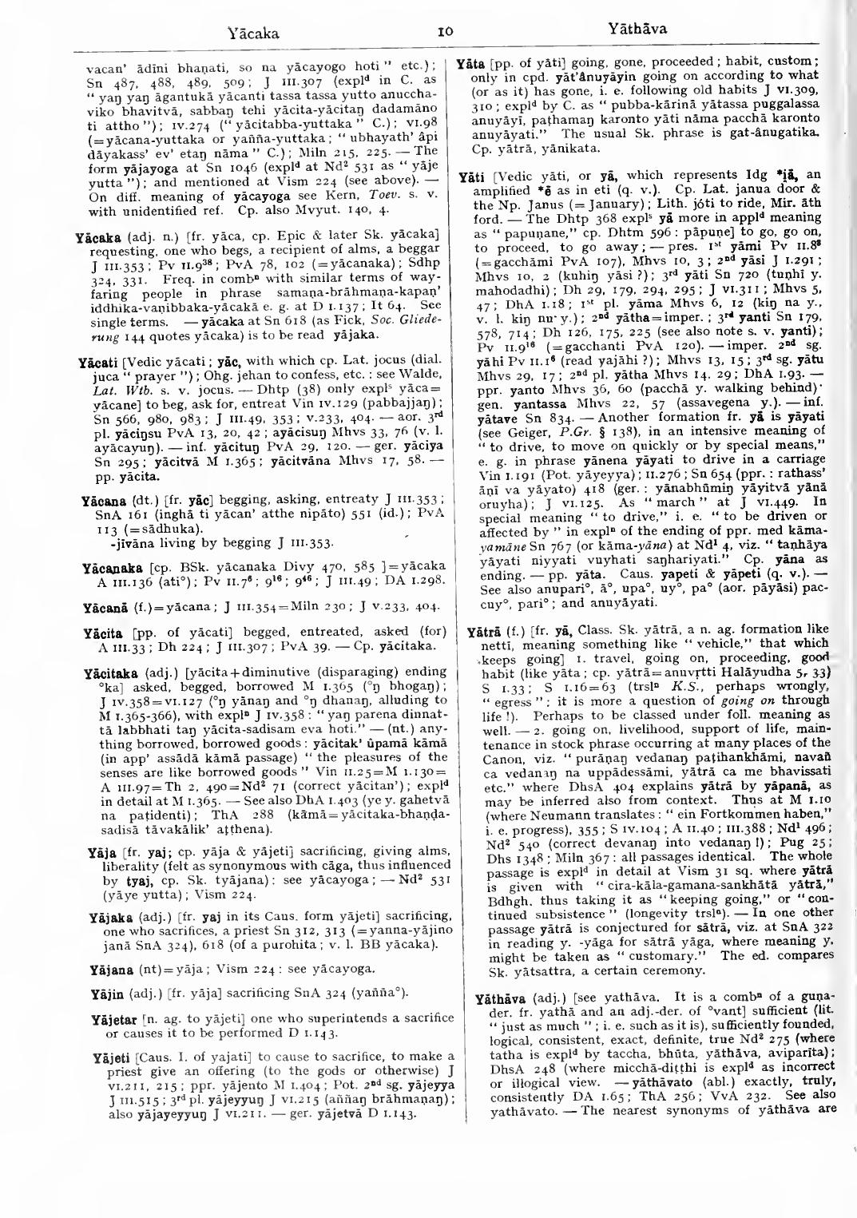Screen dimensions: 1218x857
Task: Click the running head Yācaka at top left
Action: [x=252, y=34]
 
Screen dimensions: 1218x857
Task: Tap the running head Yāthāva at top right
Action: [x=638, y=31]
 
